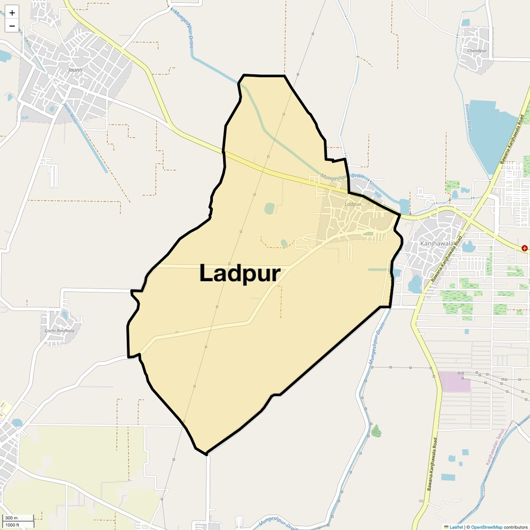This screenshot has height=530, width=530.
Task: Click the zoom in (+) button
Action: (12, 13)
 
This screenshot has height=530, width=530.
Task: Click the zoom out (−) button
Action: (12, 26)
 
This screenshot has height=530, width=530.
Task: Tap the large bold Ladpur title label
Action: (239, 273)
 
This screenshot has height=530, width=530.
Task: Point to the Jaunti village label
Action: (75, 70)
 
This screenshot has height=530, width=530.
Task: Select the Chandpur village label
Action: (477, 51)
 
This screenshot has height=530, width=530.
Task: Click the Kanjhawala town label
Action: (437, 243)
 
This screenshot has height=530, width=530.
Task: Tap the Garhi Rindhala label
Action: (60, 331)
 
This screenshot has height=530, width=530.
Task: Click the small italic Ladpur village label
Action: (353, 204)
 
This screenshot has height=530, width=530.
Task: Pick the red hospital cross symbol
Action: (524, 248)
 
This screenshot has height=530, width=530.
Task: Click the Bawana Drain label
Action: (469, 117)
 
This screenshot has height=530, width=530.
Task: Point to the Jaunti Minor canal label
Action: (70, 113)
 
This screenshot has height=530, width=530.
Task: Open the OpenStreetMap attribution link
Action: (486, 527)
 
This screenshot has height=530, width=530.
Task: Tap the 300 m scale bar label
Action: (11, 518)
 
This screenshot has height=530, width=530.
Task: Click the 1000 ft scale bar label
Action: (13, 525)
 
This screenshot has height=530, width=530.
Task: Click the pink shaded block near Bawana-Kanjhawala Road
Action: (454, 381)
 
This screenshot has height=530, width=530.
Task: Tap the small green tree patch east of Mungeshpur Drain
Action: (376, 431)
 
